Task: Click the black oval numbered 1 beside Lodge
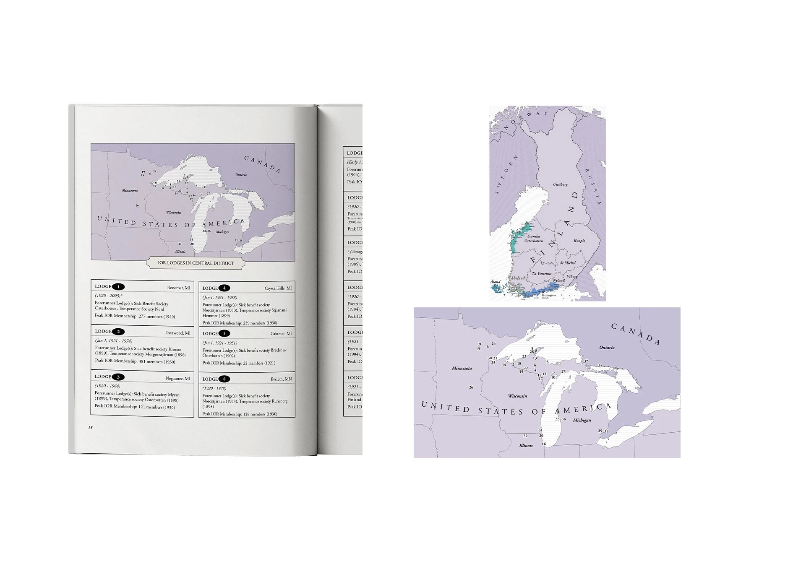point(118,287)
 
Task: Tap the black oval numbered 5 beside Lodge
point(224,334)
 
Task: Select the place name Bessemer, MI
point(178,288)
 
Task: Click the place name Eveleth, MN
point(281,379)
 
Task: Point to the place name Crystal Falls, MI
point(278,288)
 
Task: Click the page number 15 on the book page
point(90,428)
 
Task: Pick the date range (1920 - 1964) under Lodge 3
point(107,386)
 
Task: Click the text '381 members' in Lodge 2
point(146,361)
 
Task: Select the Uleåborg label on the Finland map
point(560,184)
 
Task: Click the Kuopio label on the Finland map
point(579,241)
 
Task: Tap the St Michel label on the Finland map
point(568,263)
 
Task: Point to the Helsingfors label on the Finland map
point(548,295)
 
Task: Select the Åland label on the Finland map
point(496,282)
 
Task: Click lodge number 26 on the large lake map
point(471,387)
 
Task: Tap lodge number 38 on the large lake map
point(600,366)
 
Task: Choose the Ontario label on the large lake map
point(607,348)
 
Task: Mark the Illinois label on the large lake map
point(526,446)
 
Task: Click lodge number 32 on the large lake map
point(525,436)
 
